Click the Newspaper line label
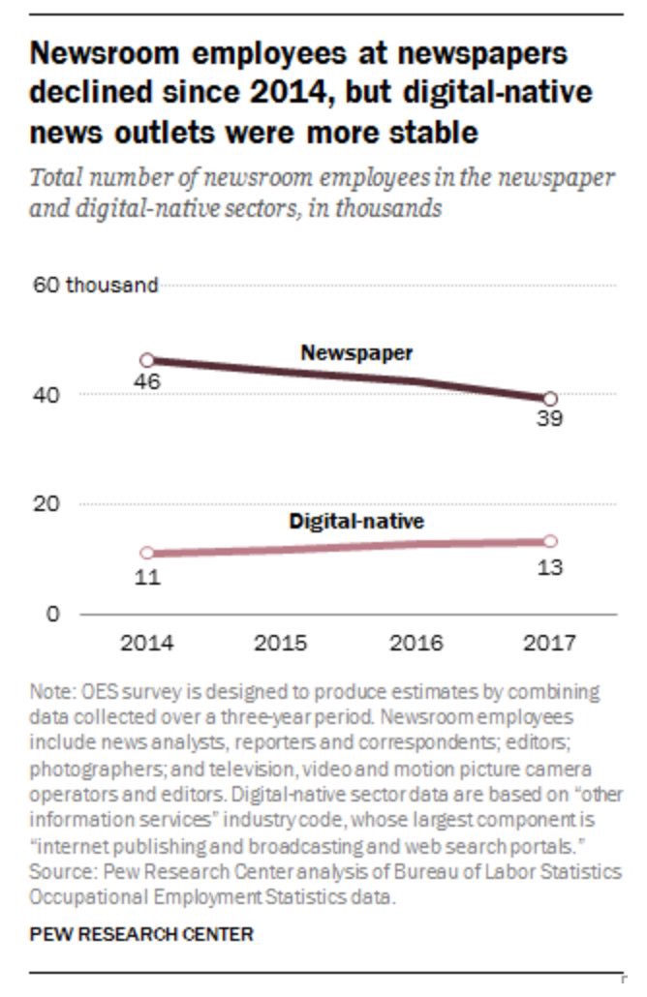click(356, 353)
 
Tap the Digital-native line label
click(356, 522)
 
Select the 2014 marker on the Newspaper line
click(147, 360)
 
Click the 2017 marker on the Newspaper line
click(550, 398)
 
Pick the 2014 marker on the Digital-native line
click(147, 553)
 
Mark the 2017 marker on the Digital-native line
click(550, 541)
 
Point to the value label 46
click(147, 381)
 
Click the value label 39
click(550, 419)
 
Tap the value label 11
click(147, 578)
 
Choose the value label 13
click(550, 566)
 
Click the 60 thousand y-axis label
click(94, 285)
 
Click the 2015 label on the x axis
click(281, 643)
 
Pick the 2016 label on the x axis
click(416, 643)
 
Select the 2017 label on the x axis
click(550, 643)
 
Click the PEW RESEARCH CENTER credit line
click(142, 934)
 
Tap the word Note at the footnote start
click(48, 693)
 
